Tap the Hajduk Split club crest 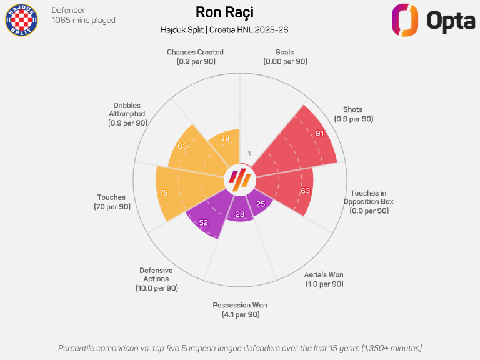21,19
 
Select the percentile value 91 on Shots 319,134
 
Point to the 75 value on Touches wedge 164,193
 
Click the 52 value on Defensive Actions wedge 203,222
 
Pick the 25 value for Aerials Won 261,204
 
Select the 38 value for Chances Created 225,138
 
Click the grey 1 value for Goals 249,154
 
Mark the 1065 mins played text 83,21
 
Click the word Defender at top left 68,10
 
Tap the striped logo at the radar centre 240,180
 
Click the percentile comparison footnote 240,347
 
